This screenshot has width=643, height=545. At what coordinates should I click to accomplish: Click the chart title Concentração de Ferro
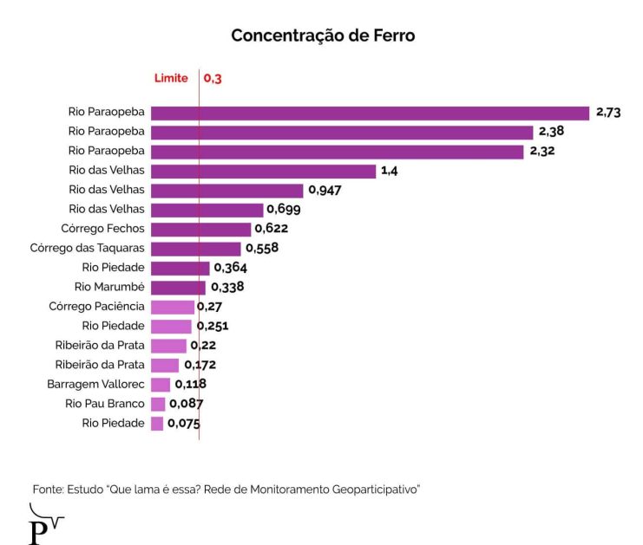(323, 36)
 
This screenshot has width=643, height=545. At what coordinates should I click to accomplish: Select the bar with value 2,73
(370, 113)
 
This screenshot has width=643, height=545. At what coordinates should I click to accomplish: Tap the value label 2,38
(552, 132)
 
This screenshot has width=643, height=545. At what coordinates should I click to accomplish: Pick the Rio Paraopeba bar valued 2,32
(338, 152)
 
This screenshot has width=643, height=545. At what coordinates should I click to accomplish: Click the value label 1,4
(389, 171)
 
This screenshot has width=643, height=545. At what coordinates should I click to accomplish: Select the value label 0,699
(284, 210)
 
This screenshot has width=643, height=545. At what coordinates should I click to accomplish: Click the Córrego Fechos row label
(102, 229)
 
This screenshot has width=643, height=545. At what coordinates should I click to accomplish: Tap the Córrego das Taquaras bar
(195, 249)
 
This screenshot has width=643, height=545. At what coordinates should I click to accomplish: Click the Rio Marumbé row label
(109, 287)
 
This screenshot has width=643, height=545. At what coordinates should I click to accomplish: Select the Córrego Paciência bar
(173, 307)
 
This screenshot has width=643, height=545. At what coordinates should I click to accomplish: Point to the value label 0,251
(213, 327)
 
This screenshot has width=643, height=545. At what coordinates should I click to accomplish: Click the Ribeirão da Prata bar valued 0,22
(168, 346)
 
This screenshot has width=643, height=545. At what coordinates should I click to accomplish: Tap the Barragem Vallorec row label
(95, 384)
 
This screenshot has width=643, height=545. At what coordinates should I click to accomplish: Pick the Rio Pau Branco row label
(104, 404)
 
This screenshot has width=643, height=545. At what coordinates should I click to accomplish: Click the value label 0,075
(184, 424)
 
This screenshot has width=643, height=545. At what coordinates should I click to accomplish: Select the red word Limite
(171, 79)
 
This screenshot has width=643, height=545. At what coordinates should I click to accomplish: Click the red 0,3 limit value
(213, 79)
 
